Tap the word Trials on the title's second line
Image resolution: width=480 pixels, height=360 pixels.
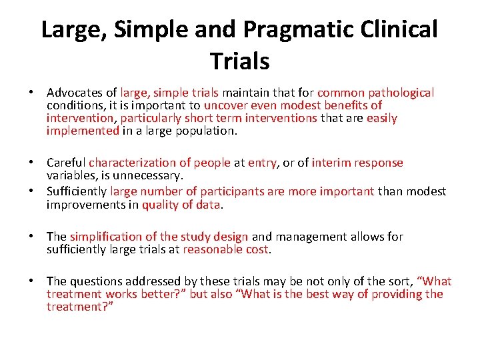tap(239, 61)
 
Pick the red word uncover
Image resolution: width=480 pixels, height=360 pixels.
tap(224, 106)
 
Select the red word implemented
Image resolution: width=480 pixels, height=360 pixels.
tap(83, 131)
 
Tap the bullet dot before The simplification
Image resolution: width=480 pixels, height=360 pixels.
tap(37, 237)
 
